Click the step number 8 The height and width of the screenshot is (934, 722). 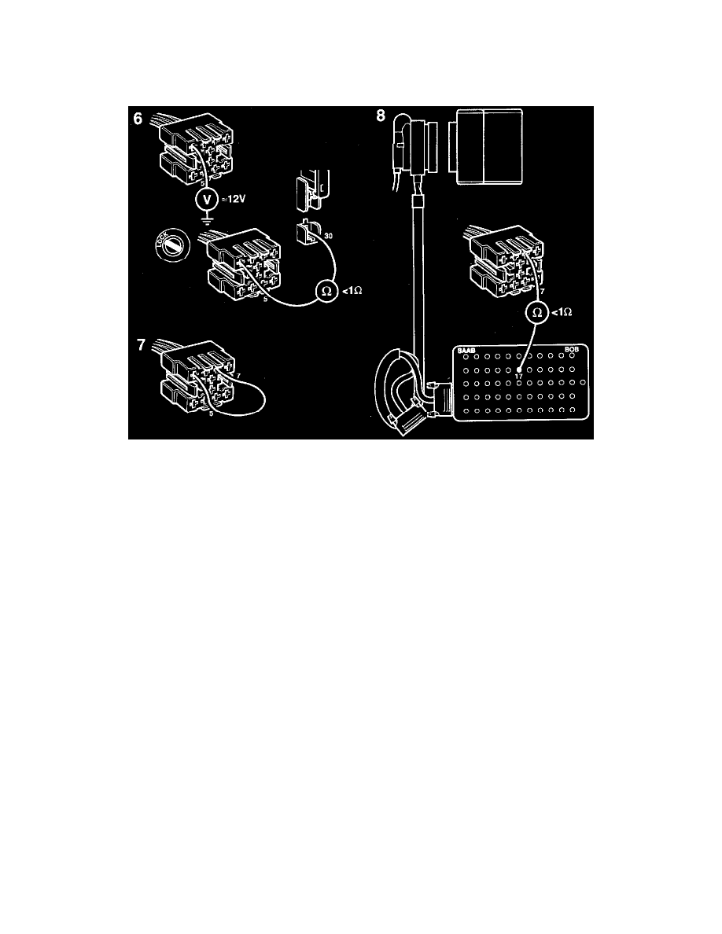point(381,117)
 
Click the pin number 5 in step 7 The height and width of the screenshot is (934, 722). point(212,412)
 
